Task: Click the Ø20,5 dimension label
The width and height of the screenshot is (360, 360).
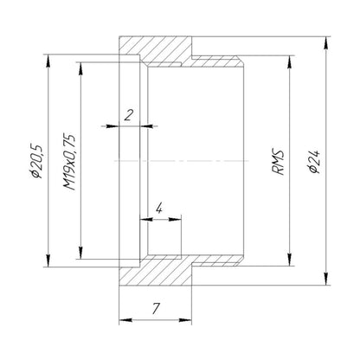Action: [38, 161]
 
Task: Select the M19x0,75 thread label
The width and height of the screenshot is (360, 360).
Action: [69, 162]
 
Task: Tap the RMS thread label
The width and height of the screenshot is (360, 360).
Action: [279, 163]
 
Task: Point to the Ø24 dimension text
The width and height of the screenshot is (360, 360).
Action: [314, 162]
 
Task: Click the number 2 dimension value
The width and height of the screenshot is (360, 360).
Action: [129, 115]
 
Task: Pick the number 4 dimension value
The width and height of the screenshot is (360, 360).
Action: [159, 208]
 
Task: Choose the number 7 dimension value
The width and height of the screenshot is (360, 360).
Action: [156, 309]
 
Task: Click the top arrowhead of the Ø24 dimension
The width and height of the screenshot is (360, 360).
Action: [326, 43]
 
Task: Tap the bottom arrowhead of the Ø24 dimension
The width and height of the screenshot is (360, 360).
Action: [326, 279]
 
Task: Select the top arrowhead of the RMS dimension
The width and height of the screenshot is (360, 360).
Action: [290, 61]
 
